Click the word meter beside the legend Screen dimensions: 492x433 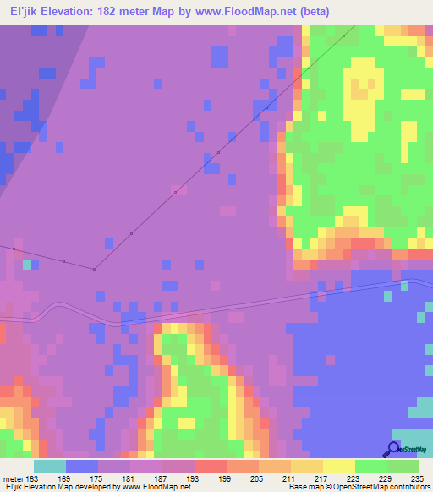tap(14, 478)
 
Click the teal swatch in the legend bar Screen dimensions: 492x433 tap(50, 466)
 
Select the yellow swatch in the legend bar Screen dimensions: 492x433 tap(338, 466)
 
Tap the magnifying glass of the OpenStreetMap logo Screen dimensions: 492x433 tap(394, 448)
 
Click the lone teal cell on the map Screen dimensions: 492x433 tap(28, 265)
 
